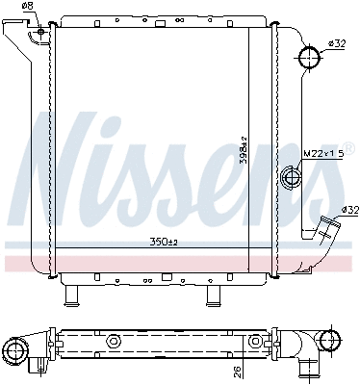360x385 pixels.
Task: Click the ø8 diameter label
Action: point(27,7)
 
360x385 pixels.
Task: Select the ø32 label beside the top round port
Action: point(337,43)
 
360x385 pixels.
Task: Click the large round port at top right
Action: point(310,59)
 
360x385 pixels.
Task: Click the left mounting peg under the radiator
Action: point(70,295)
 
